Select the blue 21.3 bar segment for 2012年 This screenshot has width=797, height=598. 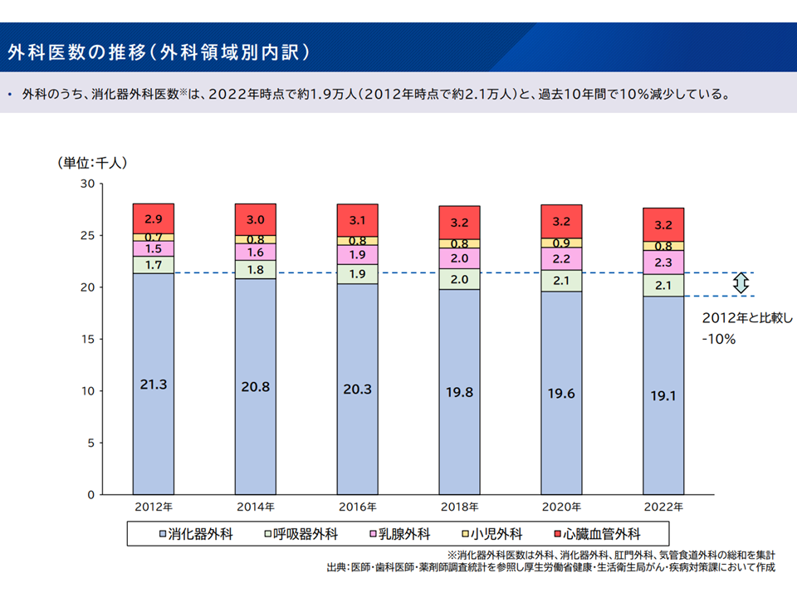coord(153,383)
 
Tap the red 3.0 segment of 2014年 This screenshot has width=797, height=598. coord(255,219)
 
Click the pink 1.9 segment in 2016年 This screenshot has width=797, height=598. coord(357,255)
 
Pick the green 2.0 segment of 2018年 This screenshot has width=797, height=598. coord(459,279)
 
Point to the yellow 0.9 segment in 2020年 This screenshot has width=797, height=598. coord(561,243)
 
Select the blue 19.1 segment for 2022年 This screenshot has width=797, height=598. coord(663,395)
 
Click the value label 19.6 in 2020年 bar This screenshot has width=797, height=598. coord(561,394)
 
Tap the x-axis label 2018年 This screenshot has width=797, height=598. coord(459,507)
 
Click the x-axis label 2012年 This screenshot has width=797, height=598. coord(153,507)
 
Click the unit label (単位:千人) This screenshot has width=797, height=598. coord(92,163)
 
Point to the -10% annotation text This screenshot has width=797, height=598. coord(719,339)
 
